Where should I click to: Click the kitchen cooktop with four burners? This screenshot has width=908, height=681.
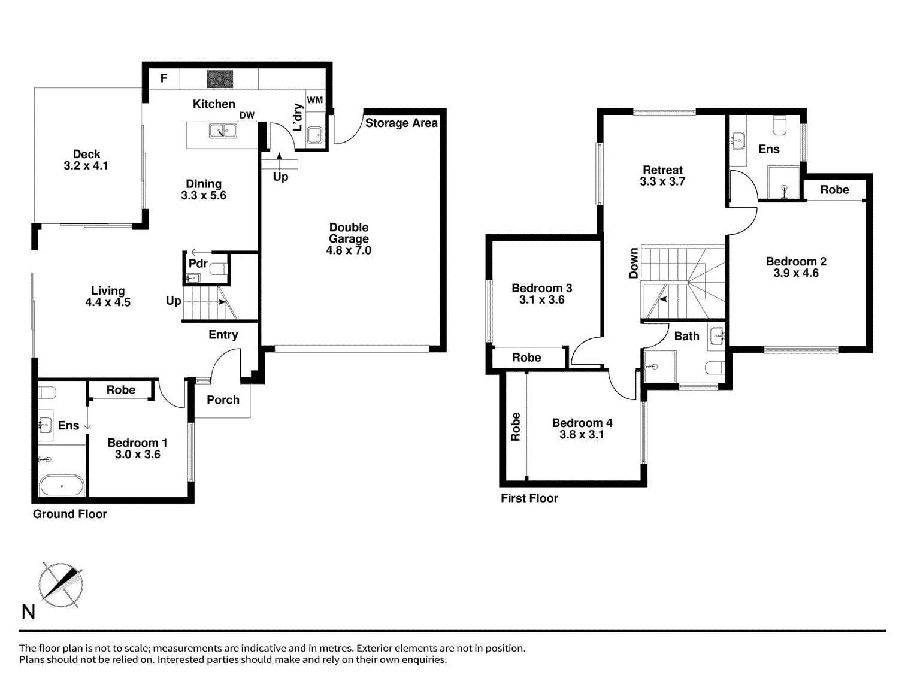coord(220,79)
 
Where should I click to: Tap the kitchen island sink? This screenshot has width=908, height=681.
coord(222,130)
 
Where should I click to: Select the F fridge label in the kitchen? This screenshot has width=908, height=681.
coord(164,78)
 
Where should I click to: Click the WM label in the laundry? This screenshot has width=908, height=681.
coord(315,100)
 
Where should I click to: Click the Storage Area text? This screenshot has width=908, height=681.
coord(401,123)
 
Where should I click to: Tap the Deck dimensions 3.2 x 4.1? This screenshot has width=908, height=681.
coord(86,166)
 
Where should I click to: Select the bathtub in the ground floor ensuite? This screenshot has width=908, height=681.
coord(62,485)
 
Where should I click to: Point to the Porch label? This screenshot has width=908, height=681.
coord(223,399)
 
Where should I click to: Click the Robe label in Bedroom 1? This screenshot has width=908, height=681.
coord(121,390)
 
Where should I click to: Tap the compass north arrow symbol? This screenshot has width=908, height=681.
coord(60,585)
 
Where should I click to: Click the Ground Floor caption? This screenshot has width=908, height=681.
coord(70,514)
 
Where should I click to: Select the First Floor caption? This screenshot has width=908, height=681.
coord(529,498)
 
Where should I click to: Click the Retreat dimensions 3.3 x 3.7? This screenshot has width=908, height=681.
coord(662,181)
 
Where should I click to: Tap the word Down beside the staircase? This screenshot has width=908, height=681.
coord(634,264)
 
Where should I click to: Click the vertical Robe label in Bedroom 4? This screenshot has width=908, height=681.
coord(516,426)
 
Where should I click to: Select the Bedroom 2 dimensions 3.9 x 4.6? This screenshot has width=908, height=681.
coord(796,273)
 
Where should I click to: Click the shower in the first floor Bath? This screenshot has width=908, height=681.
coord(660,366)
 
